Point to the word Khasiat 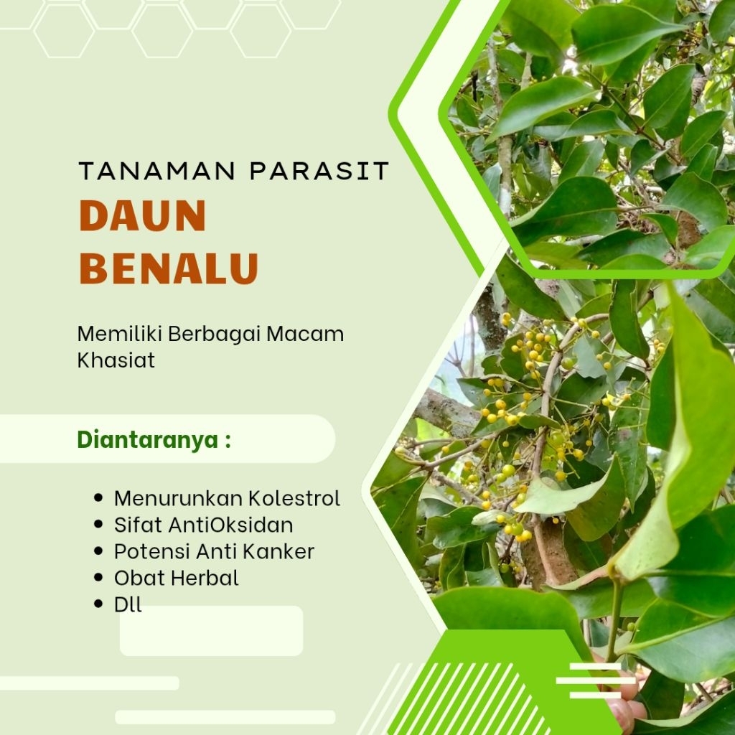click(x=116, y=360)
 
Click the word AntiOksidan click(x=231, y=525)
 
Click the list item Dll click(x=128, y=604)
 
